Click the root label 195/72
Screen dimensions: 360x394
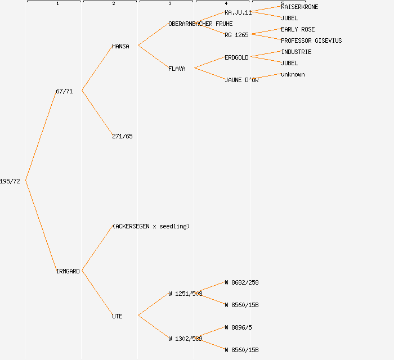pyautogui.click(x=10, y=181)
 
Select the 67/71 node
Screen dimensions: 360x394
pyautogui.click(x=64, y=91)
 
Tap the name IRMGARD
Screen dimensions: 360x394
pyautogui.click(x=68, y=271)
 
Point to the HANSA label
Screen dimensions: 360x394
pyautogui.click(x=120, y=46)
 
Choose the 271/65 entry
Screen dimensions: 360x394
pyautogui.click(x=122, y=136)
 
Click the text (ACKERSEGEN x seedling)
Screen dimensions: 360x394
pyautogui.click(x=151, y=226)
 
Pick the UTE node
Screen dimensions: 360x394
pyautogui.click(x=117, y=316)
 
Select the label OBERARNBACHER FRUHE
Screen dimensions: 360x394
pyautogui.click(x=200, y=24)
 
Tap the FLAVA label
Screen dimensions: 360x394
pyautogui.click(x=177, y=69)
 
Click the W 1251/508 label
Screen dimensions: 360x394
pyautogui.click(x=185, y=294)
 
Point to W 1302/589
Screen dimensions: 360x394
pyautogui.click(x=185, y=339)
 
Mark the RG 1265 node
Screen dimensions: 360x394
pyautogui.click(x=237, y=35)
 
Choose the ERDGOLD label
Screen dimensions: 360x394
pyautogui.click(x=236, y=57)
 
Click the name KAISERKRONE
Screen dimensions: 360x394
pyautogui.click(x=299, y=7)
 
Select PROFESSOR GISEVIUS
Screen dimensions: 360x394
pyautogui.click(x=311, y=40)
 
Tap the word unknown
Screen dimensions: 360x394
pyautogui.click(x=293, y=74)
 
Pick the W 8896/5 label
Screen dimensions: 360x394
pyautogui.click(x=238, y=327)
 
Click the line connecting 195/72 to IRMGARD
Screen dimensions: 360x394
pyautogui.click(x=41, y=226)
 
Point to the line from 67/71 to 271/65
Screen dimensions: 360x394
pyautogui.click(x=97, y=113)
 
